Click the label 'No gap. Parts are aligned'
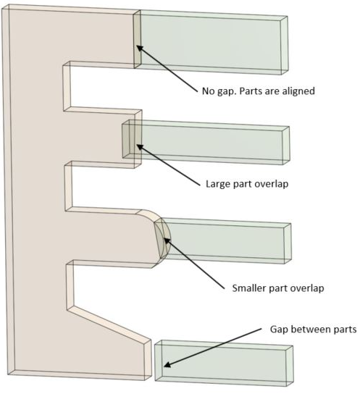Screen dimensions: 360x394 [259, 91]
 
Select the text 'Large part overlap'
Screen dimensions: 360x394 [247, 184]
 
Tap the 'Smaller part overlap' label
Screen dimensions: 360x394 [278, 288]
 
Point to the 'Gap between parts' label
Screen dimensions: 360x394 [313, 329]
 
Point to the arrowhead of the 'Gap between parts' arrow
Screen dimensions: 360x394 [167, 364]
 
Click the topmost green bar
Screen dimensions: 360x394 [211, 42]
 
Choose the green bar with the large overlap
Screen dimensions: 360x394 [206, 142]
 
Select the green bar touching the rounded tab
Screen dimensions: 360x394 [223, 240]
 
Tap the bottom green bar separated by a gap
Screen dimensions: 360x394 [224, 363]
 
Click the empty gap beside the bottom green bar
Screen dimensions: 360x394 [153, 362]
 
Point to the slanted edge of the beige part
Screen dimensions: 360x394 [109, 324]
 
